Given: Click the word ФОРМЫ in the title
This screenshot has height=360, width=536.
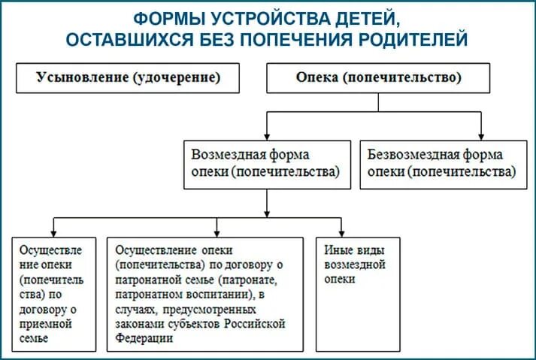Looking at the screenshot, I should pyautogui.click(x=168, y=17).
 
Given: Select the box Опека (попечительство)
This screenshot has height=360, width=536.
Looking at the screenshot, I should pyautogui.click(x=379, y=77).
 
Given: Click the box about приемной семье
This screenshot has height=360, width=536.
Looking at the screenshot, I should pyautogui.click(x=53, y=294).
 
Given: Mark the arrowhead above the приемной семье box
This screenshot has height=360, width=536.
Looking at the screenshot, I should pyautogui.click(x=53, y=231).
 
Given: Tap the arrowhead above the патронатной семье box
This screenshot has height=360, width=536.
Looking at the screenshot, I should pyautogui.click(x=217, y=231).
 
